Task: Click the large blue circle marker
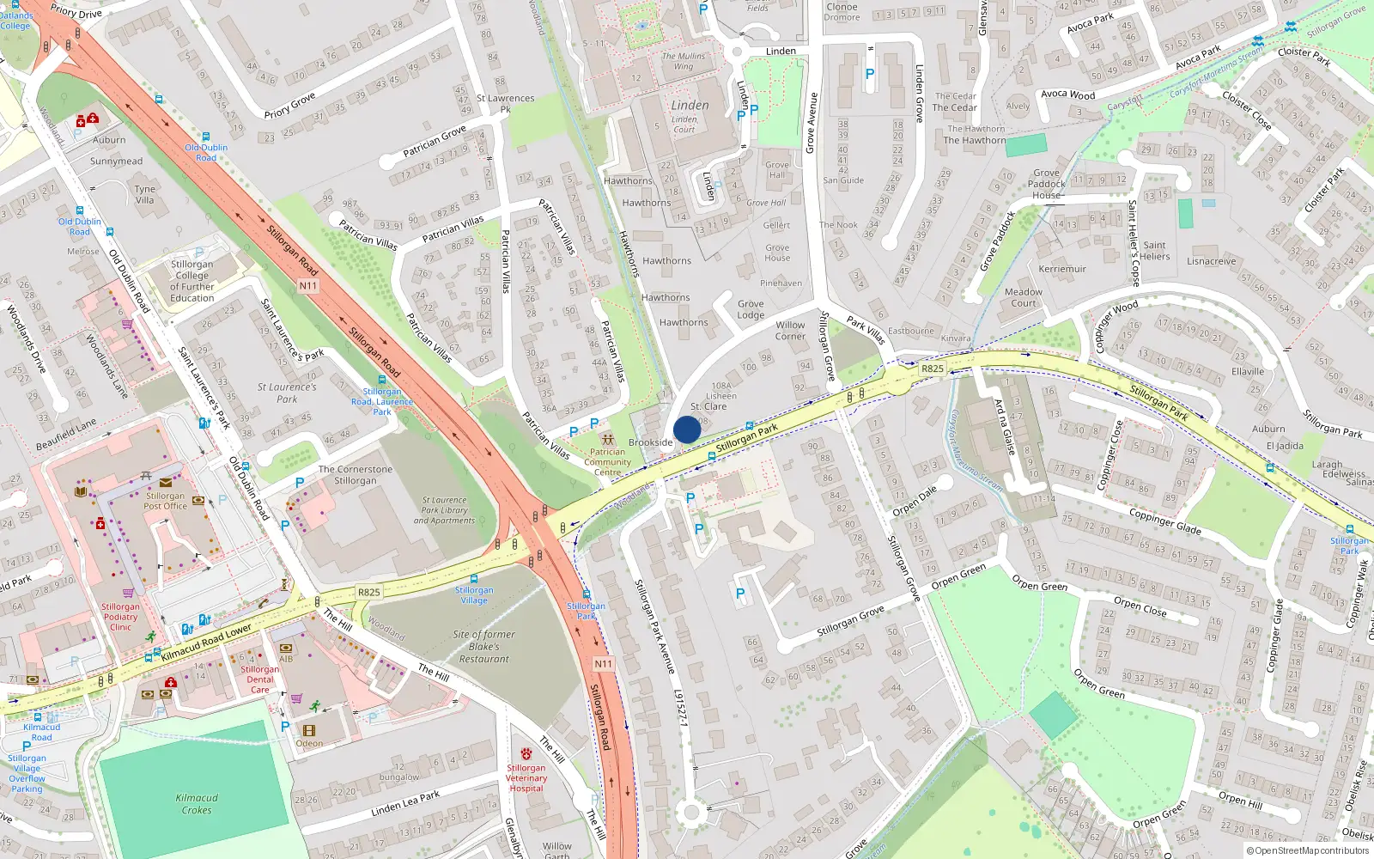pyautogui.click(x=687, y=429)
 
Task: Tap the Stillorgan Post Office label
pyautogui.click(x=165, y=501)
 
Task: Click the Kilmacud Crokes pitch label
pyautogui.click(x=197, y=803)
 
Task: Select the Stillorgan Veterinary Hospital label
pyautogui.click(x=526, y=777)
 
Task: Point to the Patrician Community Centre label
pyautogui.click(x=607, y=462)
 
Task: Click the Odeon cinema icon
pyautogui.click(x=309, y=731)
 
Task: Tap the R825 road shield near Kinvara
pyautogui.click(x=932, y=369)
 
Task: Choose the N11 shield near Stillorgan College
pyautogui.click(x=308, y=285)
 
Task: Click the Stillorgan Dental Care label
pyautogui.click(x=260, y=679)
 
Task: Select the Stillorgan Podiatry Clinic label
pyautogui.click(x=120, y=617)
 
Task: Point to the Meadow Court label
pyautogui.click(x=1023, y=297)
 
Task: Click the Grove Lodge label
pyautogui.click(x=750, y=309)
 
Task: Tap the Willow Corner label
pyautogui.click(x=790, y=331)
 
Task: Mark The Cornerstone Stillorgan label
pyautogui.click(x=356, y=475)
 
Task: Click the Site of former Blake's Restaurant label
pyautogui.click(x=484, y=647)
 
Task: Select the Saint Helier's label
pyautogui.click(x=1155, y=251)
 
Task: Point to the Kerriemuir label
pyautogui.click(x=1062, y=269)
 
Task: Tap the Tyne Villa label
pyautogui.click(x=145, y=195)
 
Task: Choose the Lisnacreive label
pyautogui.click(x=1212, y=261)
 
